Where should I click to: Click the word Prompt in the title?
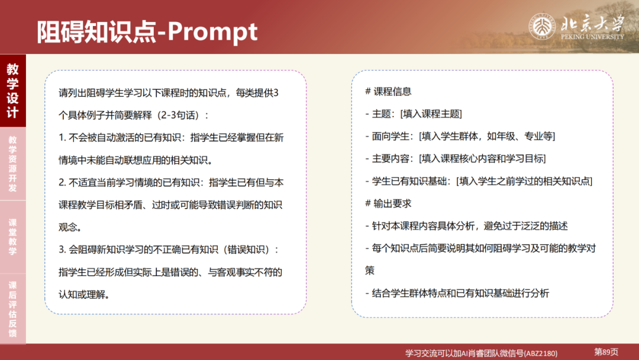212,31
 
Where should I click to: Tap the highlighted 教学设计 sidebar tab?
12,91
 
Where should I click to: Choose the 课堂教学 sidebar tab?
12,237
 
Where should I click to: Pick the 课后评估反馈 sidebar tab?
12,308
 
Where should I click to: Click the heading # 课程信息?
388,92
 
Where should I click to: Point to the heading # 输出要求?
388,203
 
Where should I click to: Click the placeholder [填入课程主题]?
431,114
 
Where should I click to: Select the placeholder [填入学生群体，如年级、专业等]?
487,136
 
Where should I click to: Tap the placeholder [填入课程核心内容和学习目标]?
482,159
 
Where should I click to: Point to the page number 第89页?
606,352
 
